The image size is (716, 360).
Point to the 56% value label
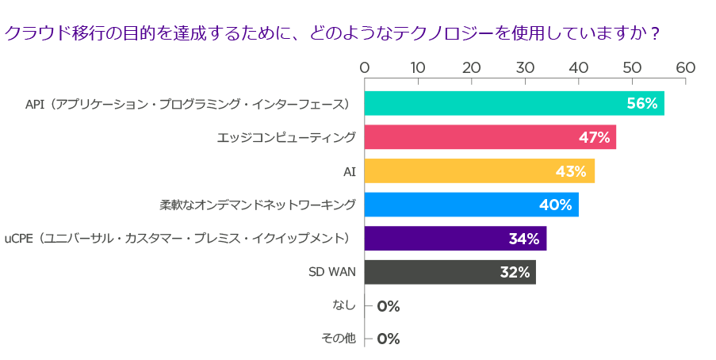642,104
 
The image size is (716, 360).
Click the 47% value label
594,137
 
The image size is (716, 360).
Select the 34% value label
523,239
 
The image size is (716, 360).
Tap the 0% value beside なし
389,306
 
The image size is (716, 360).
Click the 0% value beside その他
389,339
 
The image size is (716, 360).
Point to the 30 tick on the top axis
525,68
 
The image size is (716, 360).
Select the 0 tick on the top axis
365,68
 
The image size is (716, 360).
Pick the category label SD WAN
331,272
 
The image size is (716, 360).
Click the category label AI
349,171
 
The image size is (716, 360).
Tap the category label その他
339,339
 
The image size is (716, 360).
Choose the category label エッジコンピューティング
286,137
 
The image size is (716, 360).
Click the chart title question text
331,33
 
